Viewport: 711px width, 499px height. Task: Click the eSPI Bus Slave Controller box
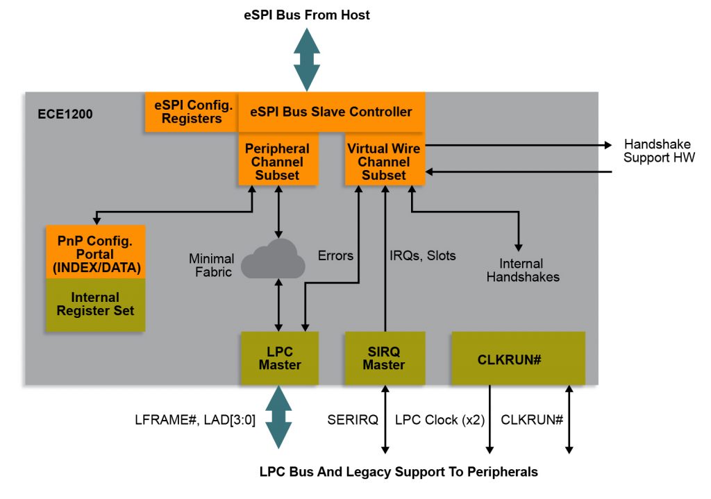(x=331, y=111)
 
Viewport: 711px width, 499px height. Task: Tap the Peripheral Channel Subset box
(x=278, y=162)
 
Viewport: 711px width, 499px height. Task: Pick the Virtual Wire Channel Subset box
(x=383, y=162)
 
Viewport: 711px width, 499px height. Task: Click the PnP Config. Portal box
(x=96, y=251)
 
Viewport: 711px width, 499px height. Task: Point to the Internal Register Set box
(x=96, y=304)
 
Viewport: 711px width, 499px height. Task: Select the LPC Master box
(x=279, y=358)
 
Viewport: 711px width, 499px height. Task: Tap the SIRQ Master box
(x=383, y=358)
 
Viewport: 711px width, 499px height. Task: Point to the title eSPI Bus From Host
(x=306, y=15)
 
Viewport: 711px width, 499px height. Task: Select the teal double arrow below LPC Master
(x=279, y=416)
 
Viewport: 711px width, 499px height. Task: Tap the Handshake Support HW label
(x=658, y=151)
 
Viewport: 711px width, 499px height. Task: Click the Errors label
(x=335, y=256)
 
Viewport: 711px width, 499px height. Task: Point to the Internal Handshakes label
(x=522, y=270)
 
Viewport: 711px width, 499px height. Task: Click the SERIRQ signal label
(x=353, y=420)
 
